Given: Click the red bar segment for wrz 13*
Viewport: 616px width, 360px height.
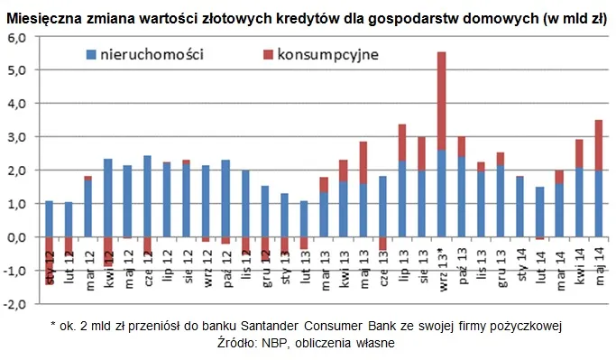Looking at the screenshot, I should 441,100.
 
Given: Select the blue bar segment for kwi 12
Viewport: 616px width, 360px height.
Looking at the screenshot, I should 108,198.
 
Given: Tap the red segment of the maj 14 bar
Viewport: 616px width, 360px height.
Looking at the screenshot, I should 598,144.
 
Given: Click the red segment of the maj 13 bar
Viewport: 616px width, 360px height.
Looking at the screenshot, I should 363,162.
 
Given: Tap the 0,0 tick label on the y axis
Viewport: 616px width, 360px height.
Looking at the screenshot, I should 18,237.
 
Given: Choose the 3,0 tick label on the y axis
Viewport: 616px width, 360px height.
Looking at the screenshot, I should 18,137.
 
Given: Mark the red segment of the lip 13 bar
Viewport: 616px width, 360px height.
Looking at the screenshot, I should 402,143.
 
